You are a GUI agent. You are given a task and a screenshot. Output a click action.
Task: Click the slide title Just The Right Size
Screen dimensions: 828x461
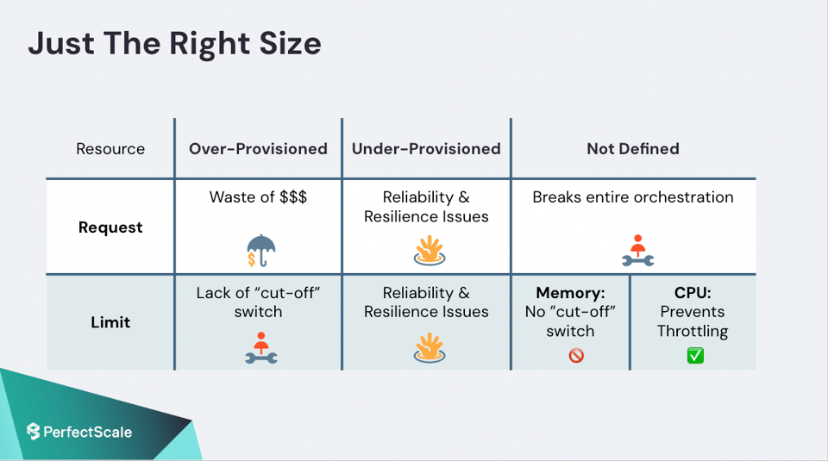174,44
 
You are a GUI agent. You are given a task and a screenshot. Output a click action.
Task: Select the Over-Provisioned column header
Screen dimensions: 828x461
258,149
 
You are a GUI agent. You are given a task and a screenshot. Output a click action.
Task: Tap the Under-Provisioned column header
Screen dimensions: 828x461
426,149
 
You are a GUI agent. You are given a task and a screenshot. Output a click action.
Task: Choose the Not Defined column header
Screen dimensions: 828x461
633,149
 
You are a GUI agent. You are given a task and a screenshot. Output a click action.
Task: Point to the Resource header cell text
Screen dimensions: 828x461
110,149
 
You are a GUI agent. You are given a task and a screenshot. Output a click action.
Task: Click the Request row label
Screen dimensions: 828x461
110,227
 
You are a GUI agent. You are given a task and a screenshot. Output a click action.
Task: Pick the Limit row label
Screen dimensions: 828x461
110,322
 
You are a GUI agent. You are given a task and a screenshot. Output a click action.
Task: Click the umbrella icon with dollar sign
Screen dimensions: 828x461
260,251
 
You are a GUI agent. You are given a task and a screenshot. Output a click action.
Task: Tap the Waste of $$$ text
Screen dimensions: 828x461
258,196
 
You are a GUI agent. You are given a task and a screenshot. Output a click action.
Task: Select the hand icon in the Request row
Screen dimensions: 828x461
430,250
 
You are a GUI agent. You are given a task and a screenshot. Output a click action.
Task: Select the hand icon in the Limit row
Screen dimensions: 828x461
430,348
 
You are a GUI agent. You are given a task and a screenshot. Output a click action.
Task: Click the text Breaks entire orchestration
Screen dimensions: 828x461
633,196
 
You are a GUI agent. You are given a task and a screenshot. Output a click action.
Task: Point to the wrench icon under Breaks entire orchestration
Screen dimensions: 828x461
638,251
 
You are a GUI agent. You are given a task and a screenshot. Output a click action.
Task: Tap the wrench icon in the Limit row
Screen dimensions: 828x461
260,348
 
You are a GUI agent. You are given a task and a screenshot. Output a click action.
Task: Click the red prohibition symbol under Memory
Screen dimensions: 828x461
576,356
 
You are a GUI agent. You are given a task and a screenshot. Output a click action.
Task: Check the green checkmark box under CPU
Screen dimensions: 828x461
695,356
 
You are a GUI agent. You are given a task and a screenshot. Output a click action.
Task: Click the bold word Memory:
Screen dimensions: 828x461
570,293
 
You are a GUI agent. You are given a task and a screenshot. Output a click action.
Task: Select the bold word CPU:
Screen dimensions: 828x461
693,293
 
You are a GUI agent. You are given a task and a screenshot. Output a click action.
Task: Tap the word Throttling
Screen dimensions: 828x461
693,331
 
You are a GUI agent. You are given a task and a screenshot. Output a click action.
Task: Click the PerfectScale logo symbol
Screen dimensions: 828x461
34,432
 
